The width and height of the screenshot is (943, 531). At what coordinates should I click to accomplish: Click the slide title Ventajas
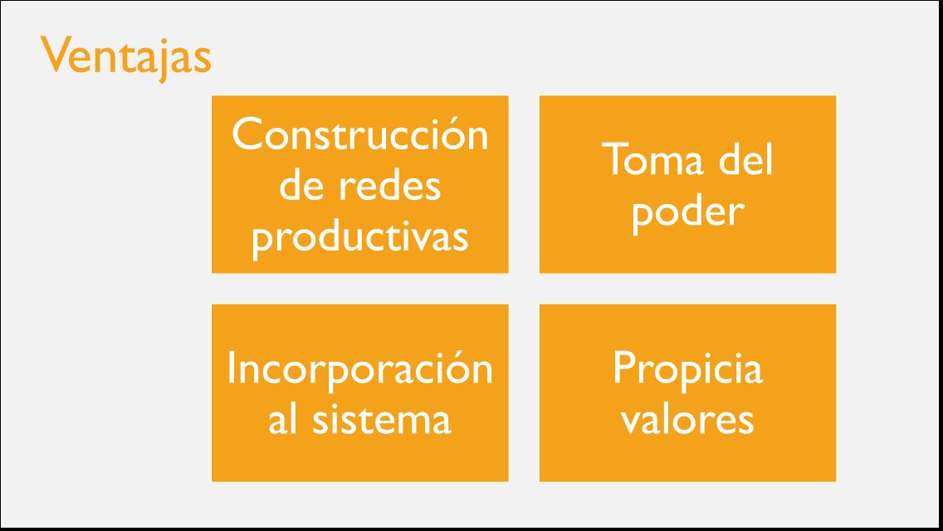(x=126, y=57)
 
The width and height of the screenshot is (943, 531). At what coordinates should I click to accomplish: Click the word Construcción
(x=359, y=134)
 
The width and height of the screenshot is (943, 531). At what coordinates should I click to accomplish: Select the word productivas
(x=359, y=238)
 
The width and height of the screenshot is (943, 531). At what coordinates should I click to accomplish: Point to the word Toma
(x=644, y=159)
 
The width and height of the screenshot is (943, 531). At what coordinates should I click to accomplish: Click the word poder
(x=686, y=211)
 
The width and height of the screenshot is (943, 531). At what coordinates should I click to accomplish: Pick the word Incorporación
(x=359, y=368)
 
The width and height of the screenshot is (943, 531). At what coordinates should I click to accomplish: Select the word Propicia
(x=687, y=370)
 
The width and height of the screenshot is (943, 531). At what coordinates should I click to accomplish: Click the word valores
(x=687, y=419)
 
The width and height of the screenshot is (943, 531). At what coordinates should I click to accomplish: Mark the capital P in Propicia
(x=623, y=368)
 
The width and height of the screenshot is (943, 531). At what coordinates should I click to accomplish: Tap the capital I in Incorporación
(x=232, y=368)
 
